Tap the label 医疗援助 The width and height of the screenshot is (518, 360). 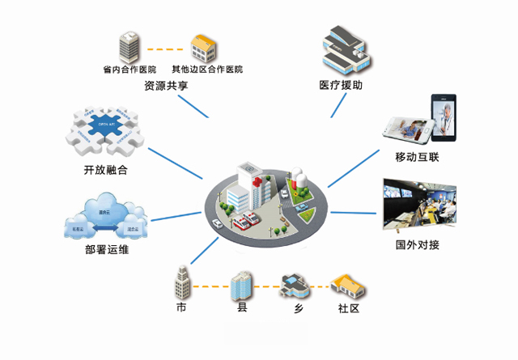pyautogui.click(x=341, y=85)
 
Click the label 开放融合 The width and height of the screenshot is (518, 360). pyautogui.click(x=105, y=171)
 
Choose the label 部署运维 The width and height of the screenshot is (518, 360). pyautogui.click(x=106, y=249)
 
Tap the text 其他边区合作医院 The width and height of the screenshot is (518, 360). pyautogui.click(x=206, y=69)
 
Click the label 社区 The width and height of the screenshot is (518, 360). pyautogui.click(x=348, y=310)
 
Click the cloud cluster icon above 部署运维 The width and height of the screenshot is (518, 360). pyautogui.click(x=105, y=214)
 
